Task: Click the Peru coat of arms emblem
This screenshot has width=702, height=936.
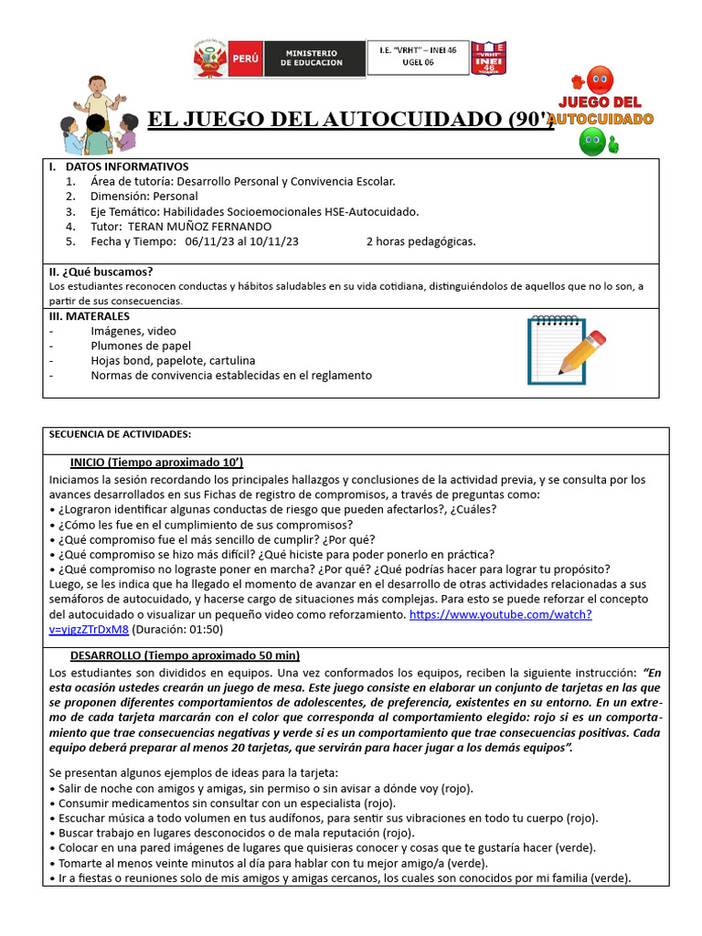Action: (x=209, y=58)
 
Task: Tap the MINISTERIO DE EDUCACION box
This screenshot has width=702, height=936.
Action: (x=311, y=58)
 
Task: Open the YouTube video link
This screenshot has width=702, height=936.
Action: (x=500, y=614)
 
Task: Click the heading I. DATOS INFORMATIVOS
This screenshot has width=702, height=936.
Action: (x=118, y=166)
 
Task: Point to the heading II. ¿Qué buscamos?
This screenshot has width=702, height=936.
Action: (x=101, y=271)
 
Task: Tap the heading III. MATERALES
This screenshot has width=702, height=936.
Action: (x=89, y=315)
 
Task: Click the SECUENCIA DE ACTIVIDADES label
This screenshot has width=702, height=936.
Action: (x=119, y=434)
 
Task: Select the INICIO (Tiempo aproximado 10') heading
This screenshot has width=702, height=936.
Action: (x=156, y=462)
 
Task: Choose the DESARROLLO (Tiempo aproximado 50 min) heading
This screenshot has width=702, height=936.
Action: (x=185, y=655)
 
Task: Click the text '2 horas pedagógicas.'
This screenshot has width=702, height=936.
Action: (x=420, y=241)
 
